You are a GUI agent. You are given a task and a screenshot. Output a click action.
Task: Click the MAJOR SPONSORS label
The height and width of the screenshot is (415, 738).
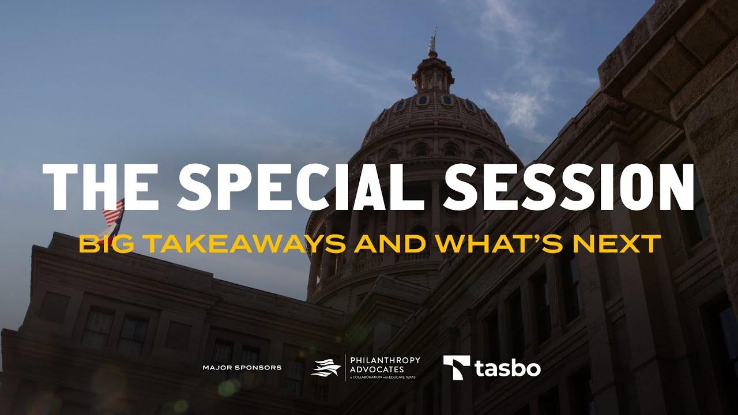coord(242,368)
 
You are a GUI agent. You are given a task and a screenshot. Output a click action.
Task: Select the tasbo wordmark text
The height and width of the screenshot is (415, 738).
coord(508,368)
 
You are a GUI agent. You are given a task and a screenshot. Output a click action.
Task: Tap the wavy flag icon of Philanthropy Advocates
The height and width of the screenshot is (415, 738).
coord(326,368)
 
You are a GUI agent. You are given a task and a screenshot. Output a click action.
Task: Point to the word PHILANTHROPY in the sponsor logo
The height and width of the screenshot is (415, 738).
coord(385,360)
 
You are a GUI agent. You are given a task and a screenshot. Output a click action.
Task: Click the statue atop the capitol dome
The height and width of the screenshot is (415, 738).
coord(432,41)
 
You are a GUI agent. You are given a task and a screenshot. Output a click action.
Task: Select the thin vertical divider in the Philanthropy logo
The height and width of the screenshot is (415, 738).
coord(345,368)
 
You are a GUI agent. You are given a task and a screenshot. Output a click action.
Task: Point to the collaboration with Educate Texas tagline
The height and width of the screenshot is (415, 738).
coord(382,378)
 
